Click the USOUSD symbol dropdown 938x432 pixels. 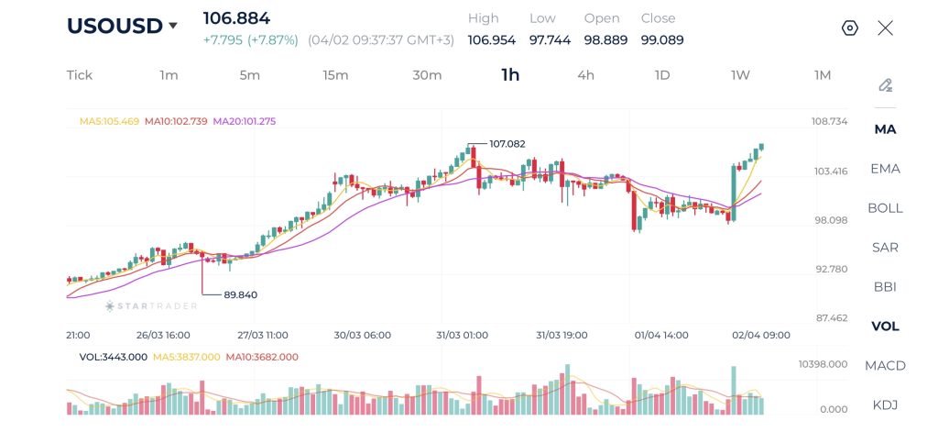(122, 26)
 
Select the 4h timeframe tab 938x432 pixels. (585, 75)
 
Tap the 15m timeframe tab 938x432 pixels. (335, 75)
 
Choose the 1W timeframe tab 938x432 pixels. (740, 75)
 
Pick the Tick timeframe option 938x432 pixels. (80, 75)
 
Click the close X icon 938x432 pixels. (885, 28)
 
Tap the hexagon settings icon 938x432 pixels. (849, 28)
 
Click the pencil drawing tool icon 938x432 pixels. (885, 85)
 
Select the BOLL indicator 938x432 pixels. (885, 208)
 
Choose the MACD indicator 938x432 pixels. (885, 366)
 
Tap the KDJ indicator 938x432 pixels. (885, 405)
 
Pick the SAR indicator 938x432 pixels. (885, 248)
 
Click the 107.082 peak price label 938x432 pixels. (507, 144)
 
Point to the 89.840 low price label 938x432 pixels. (240, 294)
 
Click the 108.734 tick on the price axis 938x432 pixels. (829, 122)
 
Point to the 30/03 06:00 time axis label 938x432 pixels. (363, 336)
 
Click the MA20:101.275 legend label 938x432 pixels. (245, 121)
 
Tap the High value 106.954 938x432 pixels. (492, 40)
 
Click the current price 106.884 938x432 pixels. (236, 18)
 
